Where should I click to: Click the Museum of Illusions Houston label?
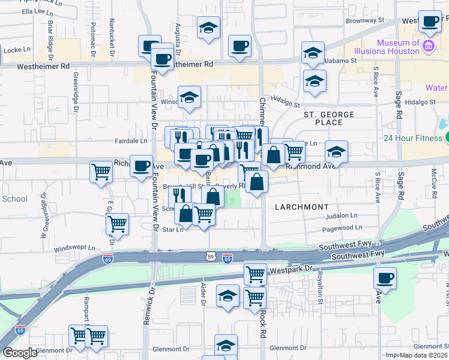coord(398,47)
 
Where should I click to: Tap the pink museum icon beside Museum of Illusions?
coord(428,46)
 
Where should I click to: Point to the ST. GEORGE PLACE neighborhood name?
coord(328,118)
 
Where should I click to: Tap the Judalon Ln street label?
coord(342,216)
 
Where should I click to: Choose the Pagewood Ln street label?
coord(342,228)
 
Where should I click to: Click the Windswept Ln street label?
coord(74,247)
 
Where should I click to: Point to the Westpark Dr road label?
coord(292,269)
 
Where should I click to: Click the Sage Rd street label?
coord(398,103)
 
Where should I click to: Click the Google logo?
coord(20,353)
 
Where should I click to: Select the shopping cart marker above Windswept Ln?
coord(117,224)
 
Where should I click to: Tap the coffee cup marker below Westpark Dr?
coord(385,278)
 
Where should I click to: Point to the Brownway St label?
coord(365,20)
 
